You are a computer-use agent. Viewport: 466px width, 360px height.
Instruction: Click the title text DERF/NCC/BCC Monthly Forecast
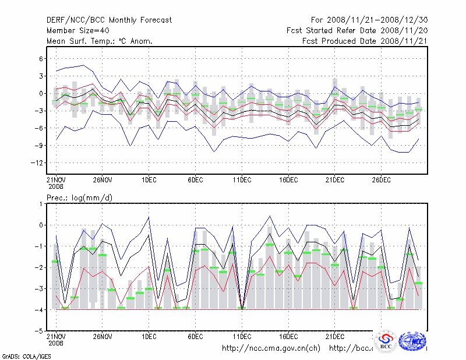pyautogui.click(x=109, y=20)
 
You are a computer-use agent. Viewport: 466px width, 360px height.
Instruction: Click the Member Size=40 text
pyautogui.click(x=80, y=30)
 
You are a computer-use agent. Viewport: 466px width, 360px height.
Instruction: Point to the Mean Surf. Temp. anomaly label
pyautogui.click(x=100, y=41)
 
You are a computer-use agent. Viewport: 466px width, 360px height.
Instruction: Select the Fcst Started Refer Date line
pyautogui.click(x=357, y=30)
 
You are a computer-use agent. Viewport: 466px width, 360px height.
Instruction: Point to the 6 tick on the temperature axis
pyautogui.click(x=41, y=59)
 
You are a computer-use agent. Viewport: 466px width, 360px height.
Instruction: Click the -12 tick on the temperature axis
pyautogui.click(x=37, y=163)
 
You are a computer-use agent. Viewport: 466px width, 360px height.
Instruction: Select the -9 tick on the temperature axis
pyautogui.click(x=39, y=146)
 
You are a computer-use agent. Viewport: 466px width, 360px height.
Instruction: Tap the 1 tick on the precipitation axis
pyautogui.click(x=41, y=204)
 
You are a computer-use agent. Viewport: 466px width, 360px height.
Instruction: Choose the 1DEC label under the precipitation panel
pyautogui.click(x=149, y=337)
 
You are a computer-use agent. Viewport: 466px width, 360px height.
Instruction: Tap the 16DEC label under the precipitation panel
pyautogui.click(x=288, y=337)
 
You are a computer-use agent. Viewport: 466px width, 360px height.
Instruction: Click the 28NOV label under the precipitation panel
pyautogui.click(x=103, y=337)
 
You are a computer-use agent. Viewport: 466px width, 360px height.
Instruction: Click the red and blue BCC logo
pyautogui.click(x=386, y=342)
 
